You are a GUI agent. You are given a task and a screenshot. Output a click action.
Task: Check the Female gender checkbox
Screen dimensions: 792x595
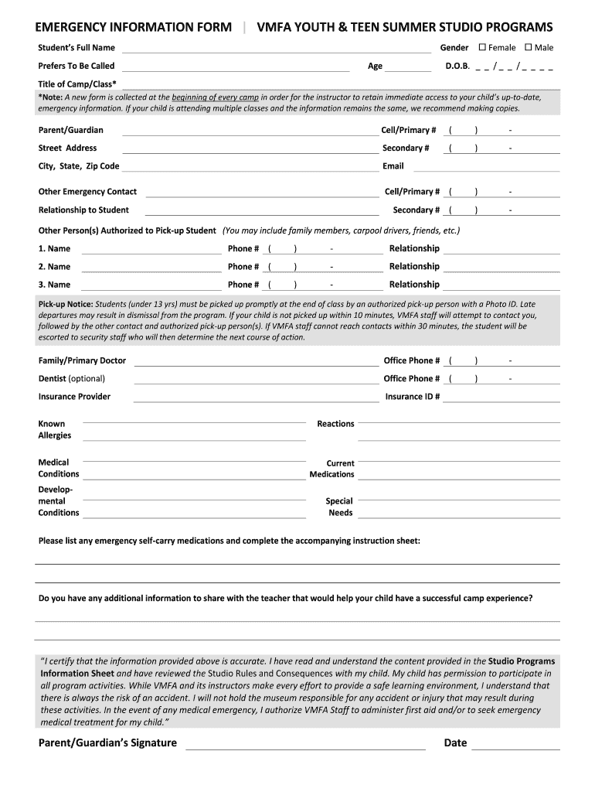pos(483,47)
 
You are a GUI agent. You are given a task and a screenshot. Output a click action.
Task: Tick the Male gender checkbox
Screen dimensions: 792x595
pos(529,47)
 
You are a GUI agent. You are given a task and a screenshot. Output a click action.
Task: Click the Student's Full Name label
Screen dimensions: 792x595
pos(76,48)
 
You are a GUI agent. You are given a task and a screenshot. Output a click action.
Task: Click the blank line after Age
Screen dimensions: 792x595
pos(408,67)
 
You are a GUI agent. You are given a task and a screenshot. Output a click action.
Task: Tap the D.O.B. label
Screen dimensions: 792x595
pos(457,67)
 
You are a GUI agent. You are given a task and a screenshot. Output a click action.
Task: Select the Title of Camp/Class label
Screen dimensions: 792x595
pos(78,84)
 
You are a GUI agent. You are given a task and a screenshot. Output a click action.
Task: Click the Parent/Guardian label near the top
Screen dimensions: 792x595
pos(70,130)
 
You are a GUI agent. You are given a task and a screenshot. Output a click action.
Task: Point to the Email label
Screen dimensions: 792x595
pos(393,166)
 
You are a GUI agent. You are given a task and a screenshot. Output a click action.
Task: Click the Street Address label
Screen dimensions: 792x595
pos(68,148)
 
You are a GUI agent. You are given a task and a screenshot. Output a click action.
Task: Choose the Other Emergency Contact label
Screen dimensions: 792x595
pos(87,192)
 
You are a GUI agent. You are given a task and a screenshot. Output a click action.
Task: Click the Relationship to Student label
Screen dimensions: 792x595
pos(83,210)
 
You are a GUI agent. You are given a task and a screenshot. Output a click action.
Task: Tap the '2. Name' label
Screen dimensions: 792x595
pos(54,267)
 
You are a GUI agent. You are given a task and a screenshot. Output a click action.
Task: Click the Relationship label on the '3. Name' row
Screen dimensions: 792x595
pos(414,285)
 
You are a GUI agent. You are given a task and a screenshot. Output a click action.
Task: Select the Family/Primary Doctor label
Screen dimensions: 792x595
pos(82,360)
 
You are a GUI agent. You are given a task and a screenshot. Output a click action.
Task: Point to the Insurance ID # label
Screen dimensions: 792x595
pos(413,397)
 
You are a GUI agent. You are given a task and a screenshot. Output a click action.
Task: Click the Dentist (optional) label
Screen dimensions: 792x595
pos(72,379)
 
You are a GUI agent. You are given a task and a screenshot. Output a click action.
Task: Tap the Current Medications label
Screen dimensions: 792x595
pos(332,469)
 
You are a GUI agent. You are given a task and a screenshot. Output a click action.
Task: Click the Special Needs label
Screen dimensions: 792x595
pos(340,507)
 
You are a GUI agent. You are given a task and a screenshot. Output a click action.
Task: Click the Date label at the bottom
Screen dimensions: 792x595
pos(455,743)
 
